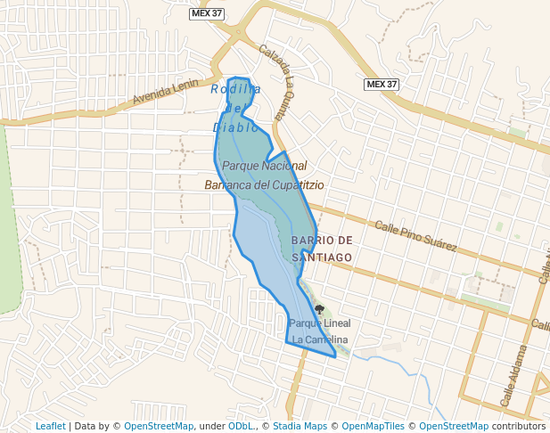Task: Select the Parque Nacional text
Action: point(264,166)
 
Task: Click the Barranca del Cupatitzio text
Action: point(264,185)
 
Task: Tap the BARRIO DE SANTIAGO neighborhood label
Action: point(321,249)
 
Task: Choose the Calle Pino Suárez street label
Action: point(415,235)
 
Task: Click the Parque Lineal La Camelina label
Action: point(320,331)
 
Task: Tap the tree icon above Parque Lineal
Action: point(320,309)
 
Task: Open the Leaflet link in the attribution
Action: point(50,426)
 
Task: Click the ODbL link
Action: point(241,426)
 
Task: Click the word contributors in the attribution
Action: point(519,426)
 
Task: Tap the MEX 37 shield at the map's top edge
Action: point(208,13)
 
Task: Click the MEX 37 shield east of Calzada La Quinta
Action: point(382,84)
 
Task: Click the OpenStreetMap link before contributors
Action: point(454,426)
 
